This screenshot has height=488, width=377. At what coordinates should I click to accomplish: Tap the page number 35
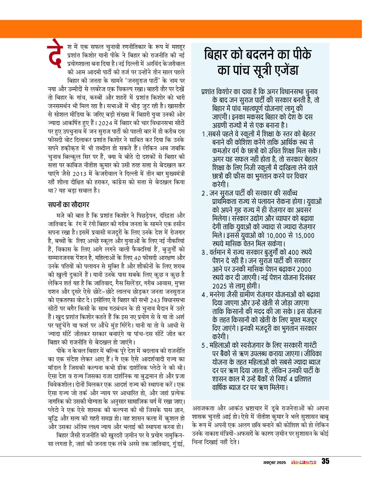325,461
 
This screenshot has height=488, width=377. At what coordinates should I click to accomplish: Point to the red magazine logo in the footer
304,462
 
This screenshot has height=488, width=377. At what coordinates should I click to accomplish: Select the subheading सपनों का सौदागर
69,204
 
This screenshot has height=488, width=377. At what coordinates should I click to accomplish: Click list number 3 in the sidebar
203,253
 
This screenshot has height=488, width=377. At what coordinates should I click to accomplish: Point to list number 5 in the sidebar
203,345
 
